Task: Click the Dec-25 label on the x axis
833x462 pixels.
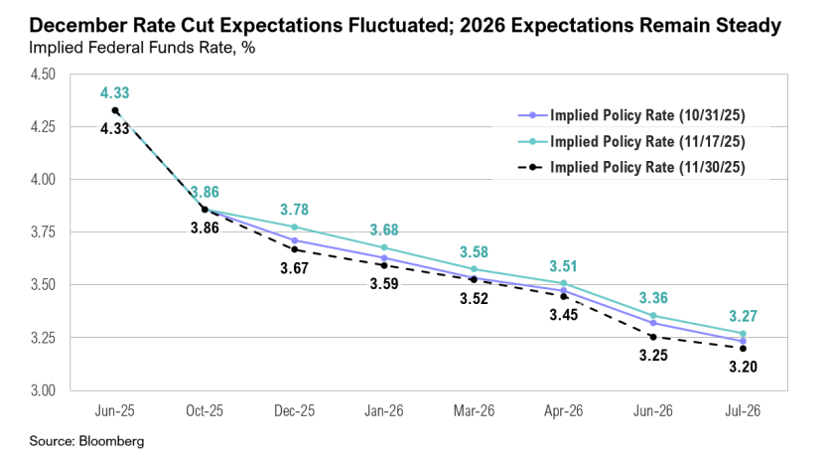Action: pos(294,409)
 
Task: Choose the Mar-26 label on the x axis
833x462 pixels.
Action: pos(473,409)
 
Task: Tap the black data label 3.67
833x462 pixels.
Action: pos(294,268)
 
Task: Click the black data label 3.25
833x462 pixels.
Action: pos(651,356)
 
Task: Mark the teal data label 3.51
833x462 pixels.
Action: pos(563,265)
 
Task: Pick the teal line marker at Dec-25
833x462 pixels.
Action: pos(294,227)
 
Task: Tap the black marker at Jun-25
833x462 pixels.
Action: pos(115,110)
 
